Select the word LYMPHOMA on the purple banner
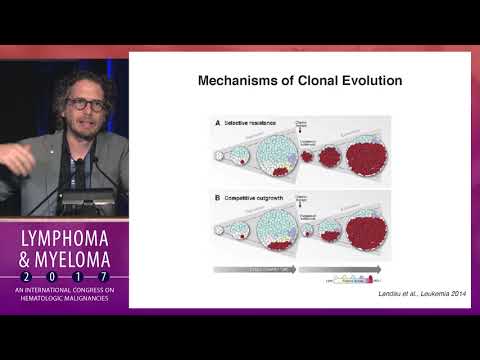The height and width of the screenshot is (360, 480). pyautogui.click(x=64, y=238)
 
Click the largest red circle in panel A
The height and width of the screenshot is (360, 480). pyautogui.click(x=360, y=158)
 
